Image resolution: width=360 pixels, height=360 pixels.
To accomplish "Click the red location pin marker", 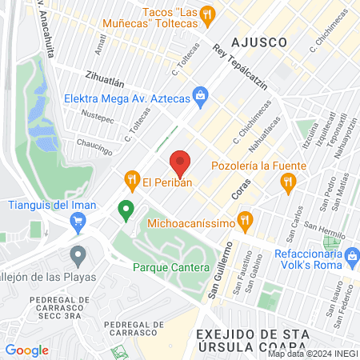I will tap(180, 163).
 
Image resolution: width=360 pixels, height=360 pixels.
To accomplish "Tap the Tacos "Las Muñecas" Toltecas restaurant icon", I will tap(207, 14).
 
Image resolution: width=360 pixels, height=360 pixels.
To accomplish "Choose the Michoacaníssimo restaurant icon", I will tap(246, 218).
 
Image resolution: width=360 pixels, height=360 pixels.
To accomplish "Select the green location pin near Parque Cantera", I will tap(125, 210).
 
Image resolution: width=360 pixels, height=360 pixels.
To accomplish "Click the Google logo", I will tap(27, 350).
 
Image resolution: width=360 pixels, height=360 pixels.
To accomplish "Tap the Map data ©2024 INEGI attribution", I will tap(313, 354).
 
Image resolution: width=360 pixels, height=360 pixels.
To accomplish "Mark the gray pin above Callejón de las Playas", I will tap(78, 257).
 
